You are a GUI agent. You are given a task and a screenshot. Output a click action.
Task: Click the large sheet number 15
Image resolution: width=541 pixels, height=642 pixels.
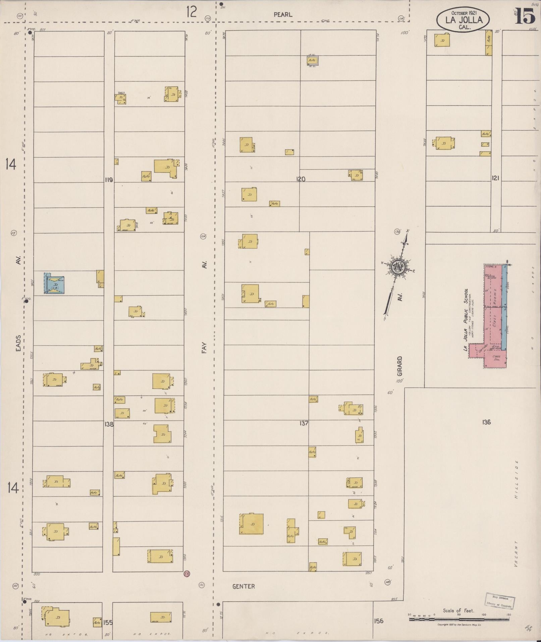pyautogui.click(x=525, y=16)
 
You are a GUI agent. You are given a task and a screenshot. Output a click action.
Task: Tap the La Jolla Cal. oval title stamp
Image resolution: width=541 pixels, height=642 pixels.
pyautogui.click(x=463, y=20)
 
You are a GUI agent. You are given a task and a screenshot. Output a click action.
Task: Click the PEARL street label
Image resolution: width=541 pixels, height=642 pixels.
pyautogui.click(x=283, y=15)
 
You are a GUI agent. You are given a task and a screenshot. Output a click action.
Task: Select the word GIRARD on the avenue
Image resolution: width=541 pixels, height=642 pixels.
pyautogui.click(x=399, y=366)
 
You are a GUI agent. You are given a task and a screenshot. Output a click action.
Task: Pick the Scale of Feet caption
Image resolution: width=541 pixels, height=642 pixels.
pyautogui.click(x=458, y=610)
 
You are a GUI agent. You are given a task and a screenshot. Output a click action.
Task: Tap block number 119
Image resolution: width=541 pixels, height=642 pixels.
pyautogui.click(x=109, y=180)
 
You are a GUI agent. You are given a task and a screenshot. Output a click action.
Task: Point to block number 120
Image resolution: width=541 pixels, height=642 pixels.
pyautogui.click(x=301, y=179)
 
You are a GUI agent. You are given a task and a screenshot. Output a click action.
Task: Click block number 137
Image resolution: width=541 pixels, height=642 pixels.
pyautogui.click(x=304, y=423)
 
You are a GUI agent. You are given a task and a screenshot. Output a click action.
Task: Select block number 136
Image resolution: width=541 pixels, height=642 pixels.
pyautogui.click(x=486, y=422)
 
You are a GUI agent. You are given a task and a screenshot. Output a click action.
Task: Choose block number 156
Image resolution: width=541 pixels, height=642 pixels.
pyautogui.click(x=378, y=621)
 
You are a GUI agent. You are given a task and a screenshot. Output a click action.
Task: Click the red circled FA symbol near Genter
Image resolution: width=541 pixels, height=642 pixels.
pyautogui.click(x=187, y=574)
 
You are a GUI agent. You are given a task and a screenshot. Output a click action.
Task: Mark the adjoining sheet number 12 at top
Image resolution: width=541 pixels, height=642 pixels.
pyautogui.click(x=192, y=12)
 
